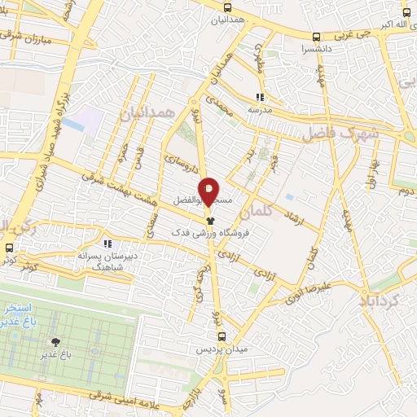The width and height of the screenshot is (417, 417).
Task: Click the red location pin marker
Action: [x=208, y=191]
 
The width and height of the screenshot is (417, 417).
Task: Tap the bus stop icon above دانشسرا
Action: [x=315, y=36]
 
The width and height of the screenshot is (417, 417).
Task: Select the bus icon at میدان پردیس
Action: [x=221, y=336]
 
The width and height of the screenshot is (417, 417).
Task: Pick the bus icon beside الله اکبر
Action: [x=406, y=13]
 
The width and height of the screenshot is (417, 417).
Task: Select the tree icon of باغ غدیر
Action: [x=55, y=343]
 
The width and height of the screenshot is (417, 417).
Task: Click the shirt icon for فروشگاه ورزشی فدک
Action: [x=209, y=220]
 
